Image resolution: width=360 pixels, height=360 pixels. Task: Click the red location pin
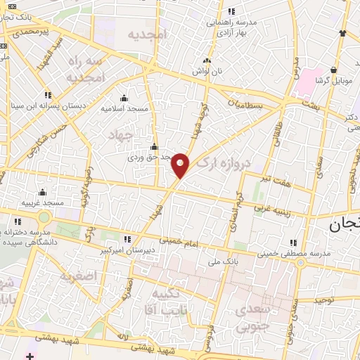click(181, 165)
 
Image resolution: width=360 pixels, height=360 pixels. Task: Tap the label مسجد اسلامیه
click(125, 109)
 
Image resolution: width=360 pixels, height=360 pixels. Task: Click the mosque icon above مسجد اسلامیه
click(124, 98)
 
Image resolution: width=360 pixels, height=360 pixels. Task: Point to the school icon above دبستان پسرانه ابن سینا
click(47, 95)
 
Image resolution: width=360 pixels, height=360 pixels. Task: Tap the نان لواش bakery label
click(205, 72)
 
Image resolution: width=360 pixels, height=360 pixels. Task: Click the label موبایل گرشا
click(333, 81)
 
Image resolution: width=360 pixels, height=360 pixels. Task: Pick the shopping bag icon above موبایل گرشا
click(333, 70)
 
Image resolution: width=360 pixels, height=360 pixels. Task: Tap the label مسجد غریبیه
click(42, 202)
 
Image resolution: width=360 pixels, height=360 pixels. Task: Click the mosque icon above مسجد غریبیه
click(42, 192)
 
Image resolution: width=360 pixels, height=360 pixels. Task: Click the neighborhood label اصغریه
click(77, 276)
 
